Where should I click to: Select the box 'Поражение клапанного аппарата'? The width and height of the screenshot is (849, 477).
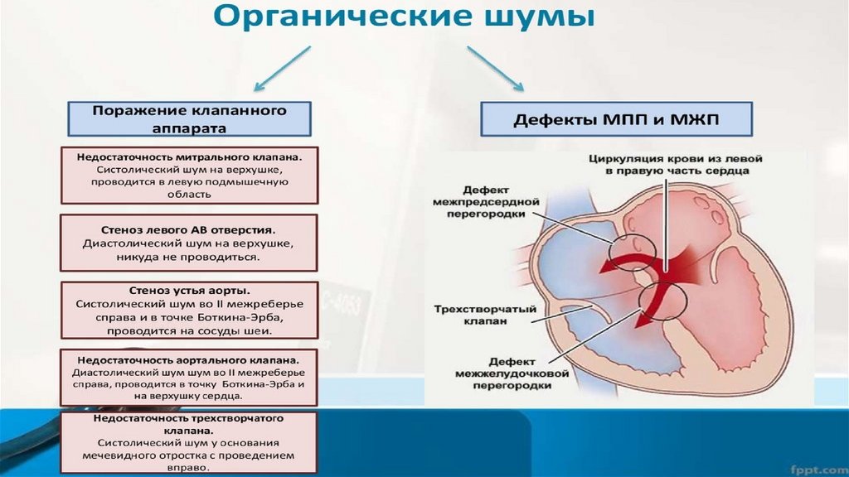(189, 118)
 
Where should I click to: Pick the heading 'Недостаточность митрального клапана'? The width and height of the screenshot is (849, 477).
(189, 155)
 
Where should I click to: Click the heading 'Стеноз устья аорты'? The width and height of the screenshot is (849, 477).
(189, 291)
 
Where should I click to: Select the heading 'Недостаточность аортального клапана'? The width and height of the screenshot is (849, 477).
(189, 361)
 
